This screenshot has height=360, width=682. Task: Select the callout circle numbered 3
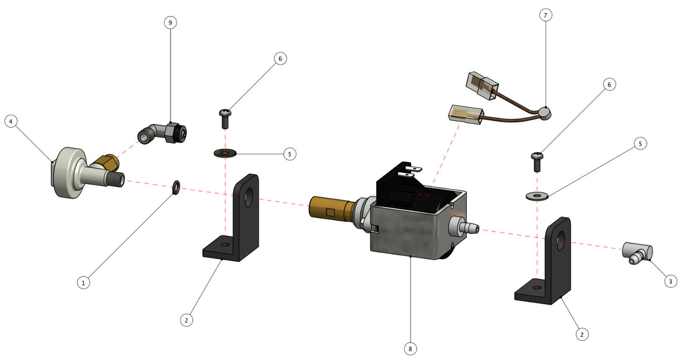click(x=669, y=281)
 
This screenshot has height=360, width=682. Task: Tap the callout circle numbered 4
click(x=11, y=121)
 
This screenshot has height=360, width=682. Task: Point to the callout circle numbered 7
click(x=545, y=15)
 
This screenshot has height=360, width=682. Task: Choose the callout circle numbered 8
click(x=410, y=349)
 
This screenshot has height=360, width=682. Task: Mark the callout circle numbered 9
click(x=170, y=22)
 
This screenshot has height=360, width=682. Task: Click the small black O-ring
click(x=176, y=186)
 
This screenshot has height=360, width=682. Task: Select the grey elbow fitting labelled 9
click(x=162, y=131)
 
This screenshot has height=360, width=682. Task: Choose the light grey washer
click(x=537, y=196)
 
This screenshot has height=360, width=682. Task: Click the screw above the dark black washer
click(x=225, y=116)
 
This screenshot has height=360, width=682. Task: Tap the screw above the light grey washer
click(x=538, y=161)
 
